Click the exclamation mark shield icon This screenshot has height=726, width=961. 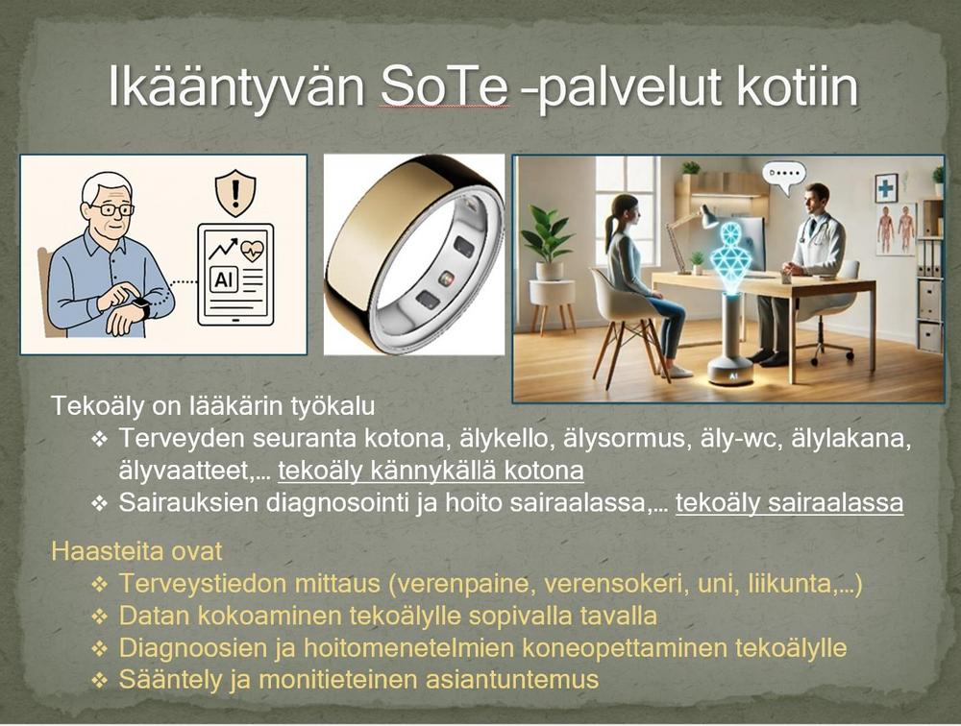tap(236, 194)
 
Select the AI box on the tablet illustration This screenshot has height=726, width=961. tap(224, 279)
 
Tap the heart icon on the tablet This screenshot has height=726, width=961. tap(253, 250)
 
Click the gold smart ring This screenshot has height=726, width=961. tap(414, 253)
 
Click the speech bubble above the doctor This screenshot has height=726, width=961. tap(782, 174)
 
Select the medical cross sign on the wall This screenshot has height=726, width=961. tap(885, 187)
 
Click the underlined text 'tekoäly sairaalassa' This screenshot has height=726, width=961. tap(789, 502)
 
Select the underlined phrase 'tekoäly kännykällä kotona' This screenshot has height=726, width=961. tap(431, 471)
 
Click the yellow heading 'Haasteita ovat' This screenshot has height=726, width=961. tap(136, 551)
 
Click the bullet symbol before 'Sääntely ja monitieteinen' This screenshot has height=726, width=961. tap(99, 680)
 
